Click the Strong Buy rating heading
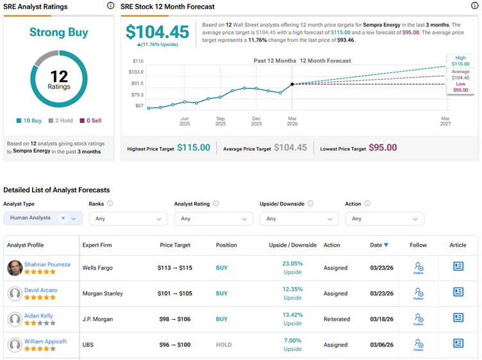[x=58, y=32]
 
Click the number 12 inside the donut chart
[x=58, y=77]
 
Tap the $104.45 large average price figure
[x=157, y=32]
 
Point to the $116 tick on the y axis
[x=138, y=61]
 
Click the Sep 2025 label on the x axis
[x=220, y=121]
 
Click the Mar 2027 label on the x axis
[x=445, y=121]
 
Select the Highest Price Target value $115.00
[x=194, y=148]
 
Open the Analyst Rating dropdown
[x=213, y=218]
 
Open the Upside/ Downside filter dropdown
[x=299, y=218]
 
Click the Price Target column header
[x=175, y=245]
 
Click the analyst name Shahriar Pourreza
[x=47, y=264]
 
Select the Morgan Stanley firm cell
[x=103, y=293]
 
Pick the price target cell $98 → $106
[x=175, y=319]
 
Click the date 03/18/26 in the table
[x=381, y=319]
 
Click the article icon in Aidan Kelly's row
[x=458, y=318]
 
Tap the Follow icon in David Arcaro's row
[x=419, y=293]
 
